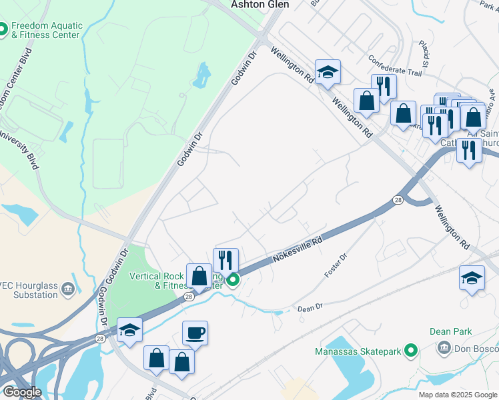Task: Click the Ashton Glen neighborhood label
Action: pos(260,4)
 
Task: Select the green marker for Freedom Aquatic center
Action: pos(2,29)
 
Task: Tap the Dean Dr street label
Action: pos(310,308)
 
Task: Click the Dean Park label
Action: pos(451,331)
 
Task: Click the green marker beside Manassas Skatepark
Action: pos(412,350)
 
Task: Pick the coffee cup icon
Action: pos(195,332)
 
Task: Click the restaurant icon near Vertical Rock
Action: pos(225,259)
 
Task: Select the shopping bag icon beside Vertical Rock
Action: pos(199,275)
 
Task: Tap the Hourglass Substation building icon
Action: pos(68,289)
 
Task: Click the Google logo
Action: pos(22,392)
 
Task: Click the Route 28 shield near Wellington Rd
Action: pos(397,200)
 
